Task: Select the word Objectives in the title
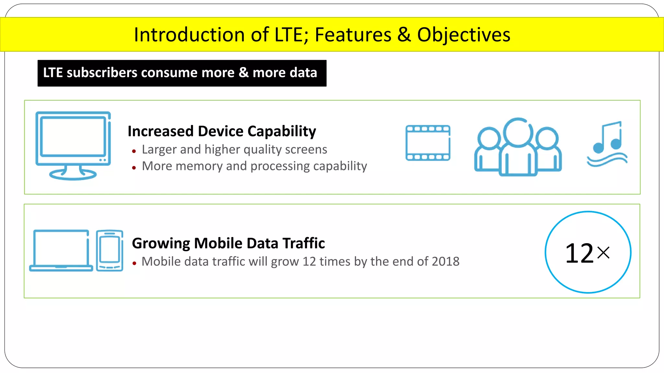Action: coord(464,35)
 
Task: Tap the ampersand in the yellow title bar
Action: coord(404,35)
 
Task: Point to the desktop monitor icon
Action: coord(73,139)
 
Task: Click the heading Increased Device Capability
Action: coord(222,131)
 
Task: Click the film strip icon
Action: coord(428,143)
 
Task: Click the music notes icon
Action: coord(607,144)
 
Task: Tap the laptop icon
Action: coord(61,250)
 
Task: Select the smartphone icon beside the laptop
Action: coord(110,250)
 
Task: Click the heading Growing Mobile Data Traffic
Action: coord(228,243)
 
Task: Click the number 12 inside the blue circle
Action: coord(579,253)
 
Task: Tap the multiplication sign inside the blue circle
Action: coord(603,253)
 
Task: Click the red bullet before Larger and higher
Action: coord(134,151)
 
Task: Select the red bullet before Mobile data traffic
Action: coord(134,263)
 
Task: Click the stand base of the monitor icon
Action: coord(73,175)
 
